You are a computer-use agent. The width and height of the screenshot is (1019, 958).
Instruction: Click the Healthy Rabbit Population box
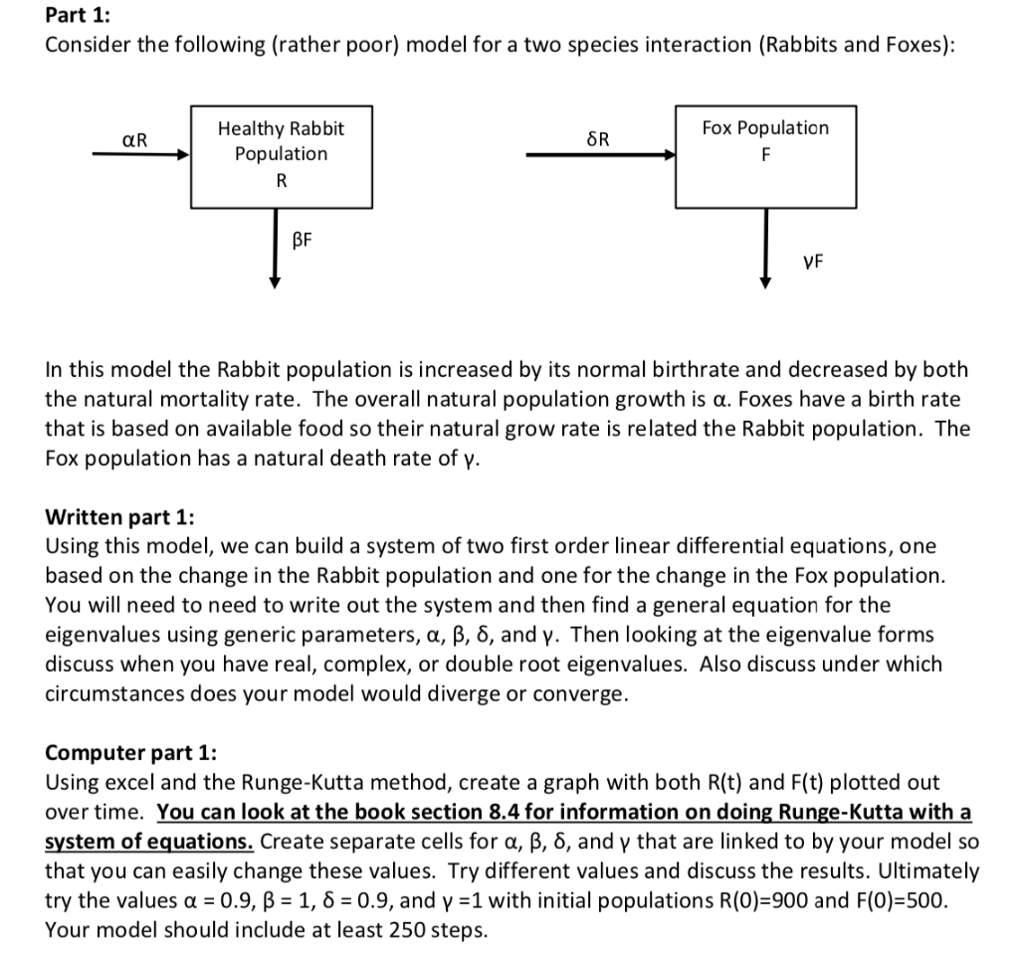281,154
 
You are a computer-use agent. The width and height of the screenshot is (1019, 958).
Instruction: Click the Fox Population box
764,154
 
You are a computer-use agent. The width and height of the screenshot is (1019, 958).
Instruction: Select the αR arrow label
134,139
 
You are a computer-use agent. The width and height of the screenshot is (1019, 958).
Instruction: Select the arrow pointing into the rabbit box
140,155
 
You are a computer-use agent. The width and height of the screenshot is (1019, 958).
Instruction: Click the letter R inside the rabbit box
281,181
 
